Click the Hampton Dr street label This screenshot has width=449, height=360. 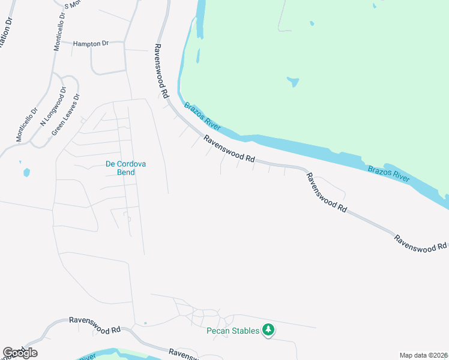(x=91, y=44)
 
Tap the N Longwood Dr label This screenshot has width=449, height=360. (x=52, y=107)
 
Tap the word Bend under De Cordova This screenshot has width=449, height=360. (x=126, y=172)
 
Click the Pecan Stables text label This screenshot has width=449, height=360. (x=233, y=331)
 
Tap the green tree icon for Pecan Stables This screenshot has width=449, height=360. (x=269, y=330)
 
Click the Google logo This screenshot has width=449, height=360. (x=20, y=353)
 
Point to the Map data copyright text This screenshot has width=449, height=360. (x=424, y=355)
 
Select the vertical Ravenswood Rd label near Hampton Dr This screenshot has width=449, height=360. (x=161, y=71)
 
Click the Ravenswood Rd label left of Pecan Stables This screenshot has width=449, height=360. (x=95, y=326)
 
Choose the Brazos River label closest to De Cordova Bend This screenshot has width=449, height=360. (x=202, y=117)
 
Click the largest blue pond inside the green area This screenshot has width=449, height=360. (x=293, y=81)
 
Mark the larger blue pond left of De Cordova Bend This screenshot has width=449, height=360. (x=26, y=173)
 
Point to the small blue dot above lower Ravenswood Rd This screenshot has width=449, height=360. (x=145, y=323)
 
